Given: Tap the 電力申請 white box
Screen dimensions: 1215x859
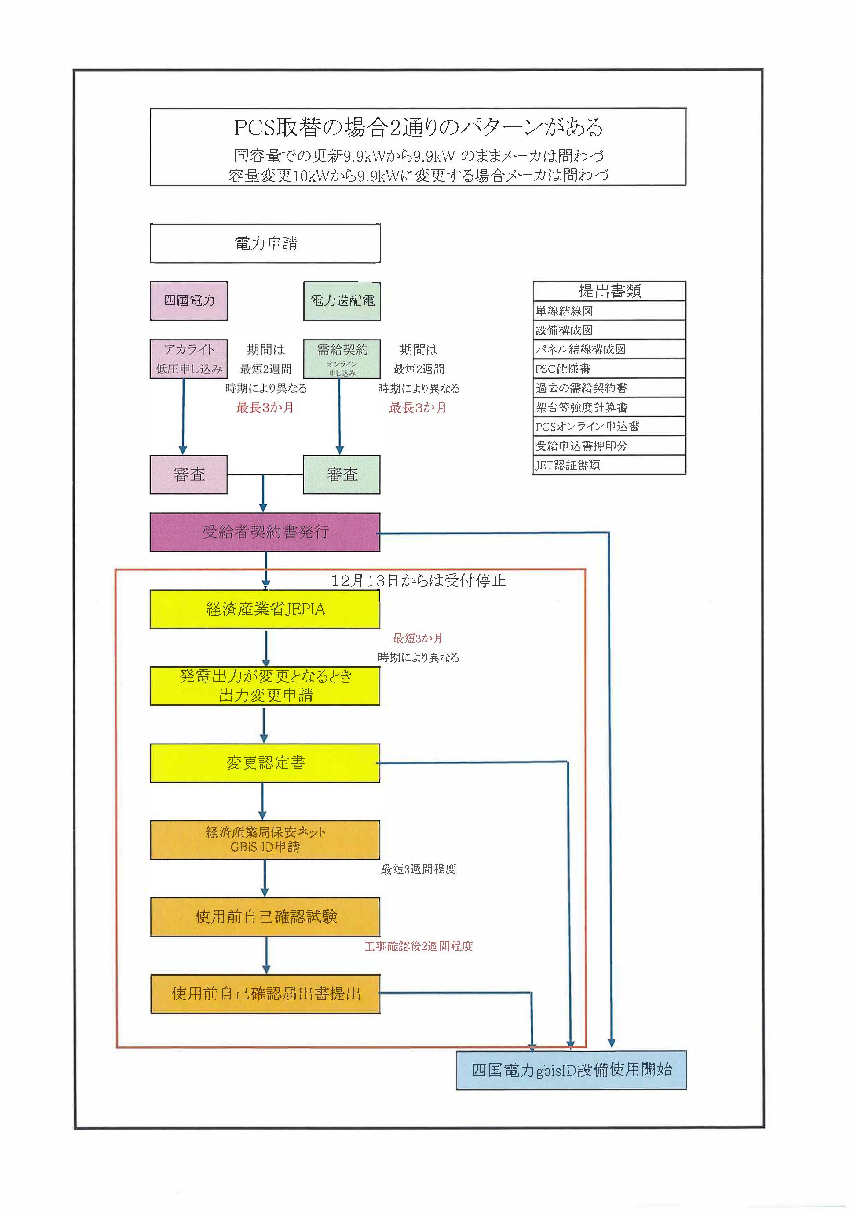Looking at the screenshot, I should coord(265,243).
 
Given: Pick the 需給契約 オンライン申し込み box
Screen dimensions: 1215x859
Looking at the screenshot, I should coord(342,359).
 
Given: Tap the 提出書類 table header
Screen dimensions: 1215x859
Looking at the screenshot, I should coord(609,291).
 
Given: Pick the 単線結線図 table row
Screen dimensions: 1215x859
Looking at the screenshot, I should coord(609,311).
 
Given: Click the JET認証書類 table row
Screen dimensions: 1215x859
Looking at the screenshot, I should coord(609,465).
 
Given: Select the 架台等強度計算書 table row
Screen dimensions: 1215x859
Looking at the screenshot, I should coord(609,407).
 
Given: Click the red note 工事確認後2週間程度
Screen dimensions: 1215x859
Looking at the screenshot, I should coord(418,946).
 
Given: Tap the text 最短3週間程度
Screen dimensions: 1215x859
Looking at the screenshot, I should coord(418,869).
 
